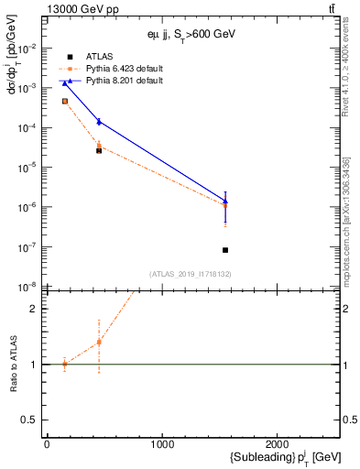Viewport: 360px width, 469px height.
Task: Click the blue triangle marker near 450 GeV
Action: pos(99,121)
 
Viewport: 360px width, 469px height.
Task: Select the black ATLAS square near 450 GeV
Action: pos(99,150)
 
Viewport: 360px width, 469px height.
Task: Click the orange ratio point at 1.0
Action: pos(64,364)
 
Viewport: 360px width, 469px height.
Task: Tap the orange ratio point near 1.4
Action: pos(99,343)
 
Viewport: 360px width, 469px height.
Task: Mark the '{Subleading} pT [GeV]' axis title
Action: pos(273,457)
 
